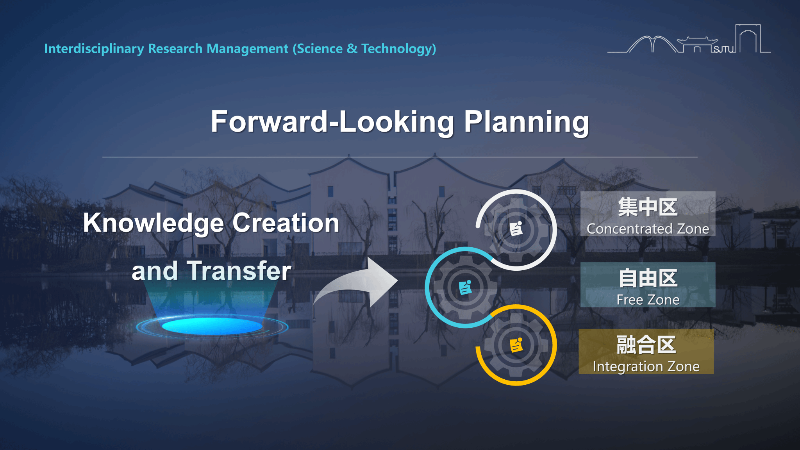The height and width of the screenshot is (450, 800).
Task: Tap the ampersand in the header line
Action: click(x=352, y=48)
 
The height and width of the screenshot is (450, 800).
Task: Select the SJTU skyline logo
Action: click(x=689, y=39)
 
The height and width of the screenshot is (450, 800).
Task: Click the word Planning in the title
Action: click(x=527, y=122)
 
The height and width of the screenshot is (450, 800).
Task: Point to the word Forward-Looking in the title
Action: click(x=332, y=122)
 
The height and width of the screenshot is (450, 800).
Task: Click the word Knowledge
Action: click(x=154, y=223)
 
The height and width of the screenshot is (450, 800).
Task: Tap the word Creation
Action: click(x=286, y=223)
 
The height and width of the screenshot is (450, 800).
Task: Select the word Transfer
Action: click(x=239, y=271)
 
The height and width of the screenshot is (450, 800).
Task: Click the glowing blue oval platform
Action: click(x=212, y=326)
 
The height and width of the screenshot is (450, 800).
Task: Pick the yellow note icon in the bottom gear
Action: click(x=516, y=345)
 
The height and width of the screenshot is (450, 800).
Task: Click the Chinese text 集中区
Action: click(x=648, y=207)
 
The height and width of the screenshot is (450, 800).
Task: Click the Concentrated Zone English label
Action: click(x=648, y=229)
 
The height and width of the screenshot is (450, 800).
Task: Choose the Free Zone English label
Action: click(x=648, y=300)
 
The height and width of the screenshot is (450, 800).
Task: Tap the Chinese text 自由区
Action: click(x=648, y=278)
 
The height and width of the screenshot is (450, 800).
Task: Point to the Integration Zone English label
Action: click(x=646, y=367)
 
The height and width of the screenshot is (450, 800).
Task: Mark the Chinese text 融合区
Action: click(x=646, y=345)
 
